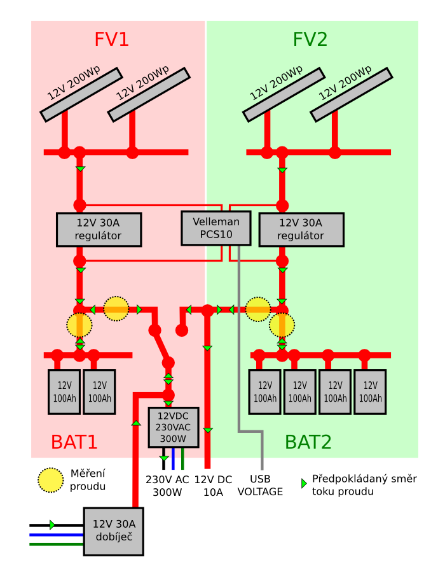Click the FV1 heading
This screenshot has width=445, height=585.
111,39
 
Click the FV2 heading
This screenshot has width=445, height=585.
310,39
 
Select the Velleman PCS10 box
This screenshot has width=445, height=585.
216,228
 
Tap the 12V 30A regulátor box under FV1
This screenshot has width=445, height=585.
99,229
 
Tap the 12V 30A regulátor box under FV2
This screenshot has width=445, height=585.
301,229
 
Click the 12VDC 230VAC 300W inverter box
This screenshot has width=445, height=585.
174,427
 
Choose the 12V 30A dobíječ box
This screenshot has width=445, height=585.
114,532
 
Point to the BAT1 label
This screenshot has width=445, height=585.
74,442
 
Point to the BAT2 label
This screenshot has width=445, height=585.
308,442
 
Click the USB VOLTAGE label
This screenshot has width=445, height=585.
260,486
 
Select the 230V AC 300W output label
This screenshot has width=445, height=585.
167,486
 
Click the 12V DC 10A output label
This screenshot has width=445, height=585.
213,486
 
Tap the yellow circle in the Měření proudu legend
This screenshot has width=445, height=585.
51,480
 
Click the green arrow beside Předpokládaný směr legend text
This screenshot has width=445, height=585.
304,483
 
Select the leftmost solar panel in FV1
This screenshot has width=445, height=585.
81,94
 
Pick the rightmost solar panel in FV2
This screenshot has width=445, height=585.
352,94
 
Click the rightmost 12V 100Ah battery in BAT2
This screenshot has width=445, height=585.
370,392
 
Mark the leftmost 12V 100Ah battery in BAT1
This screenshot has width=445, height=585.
64,392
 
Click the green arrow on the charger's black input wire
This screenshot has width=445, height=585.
52,525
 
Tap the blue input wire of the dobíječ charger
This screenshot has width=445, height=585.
57,535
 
